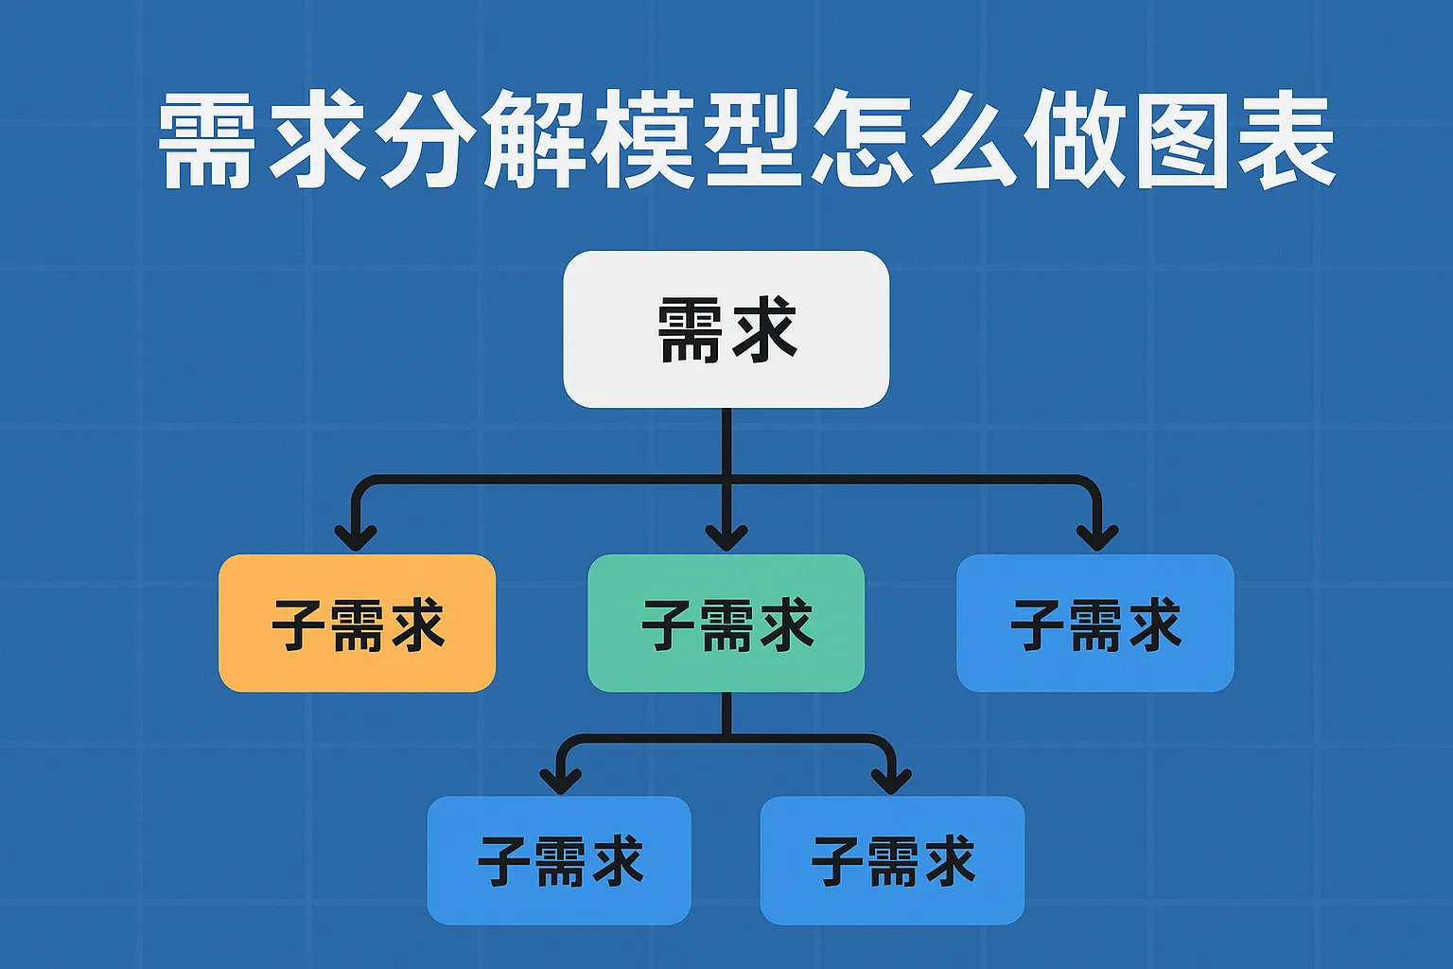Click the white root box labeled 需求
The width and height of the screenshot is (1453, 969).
tap(726, 328)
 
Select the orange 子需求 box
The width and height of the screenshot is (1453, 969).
tap(357, 623)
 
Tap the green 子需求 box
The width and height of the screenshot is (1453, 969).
tap(726, 623)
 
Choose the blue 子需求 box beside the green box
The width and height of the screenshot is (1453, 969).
tap(1094, 623)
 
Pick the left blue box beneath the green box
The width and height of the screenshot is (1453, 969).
tap(559, 860)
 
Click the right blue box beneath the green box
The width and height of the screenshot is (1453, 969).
tap(892, 860)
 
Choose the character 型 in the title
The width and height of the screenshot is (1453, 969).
tap(753, 140)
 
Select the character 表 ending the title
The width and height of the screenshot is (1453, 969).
tap(1287, 140)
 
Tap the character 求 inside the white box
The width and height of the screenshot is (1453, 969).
tap(764, 328)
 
